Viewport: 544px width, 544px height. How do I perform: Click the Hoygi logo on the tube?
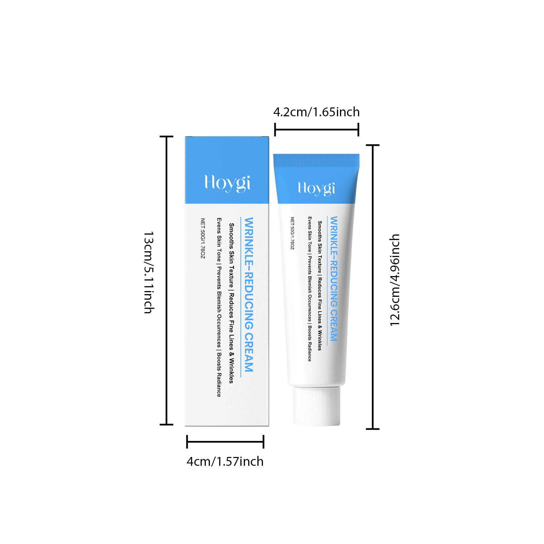(x=316, y=188)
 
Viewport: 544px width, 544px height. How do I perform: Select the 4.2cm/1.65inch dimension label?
(x=317, y=112)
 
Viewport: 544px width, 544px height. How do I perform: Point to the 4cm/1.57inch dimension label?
(x=225, y=461)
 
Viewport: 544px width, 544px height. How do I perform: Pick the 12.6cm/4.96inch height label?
(x=395, y=280)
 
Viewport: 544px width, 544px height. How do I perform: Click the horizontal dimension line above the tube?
(x=317, y=129)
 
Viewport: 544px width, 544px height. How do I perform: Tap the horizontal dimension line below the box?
(x=225, y=442)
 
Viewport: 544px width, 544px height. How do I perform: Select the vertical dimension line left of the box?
(x=167, y=280)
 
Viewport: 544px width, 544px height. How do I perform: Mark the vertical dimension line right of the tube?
(x=373, y=287)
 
